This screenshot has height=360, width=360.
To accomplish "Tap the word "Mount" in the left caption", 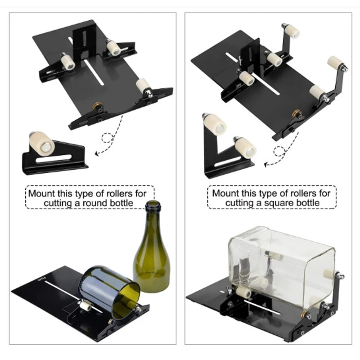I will pyautogui.click(x=41, y=193).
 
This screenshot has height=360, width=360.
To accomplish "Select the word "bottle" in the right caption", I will pyautogui.click(x=307, y=202).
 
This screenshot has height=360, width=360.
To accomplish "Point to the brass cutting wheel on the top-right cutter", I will pyautogui.click(x=296, y=113).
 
